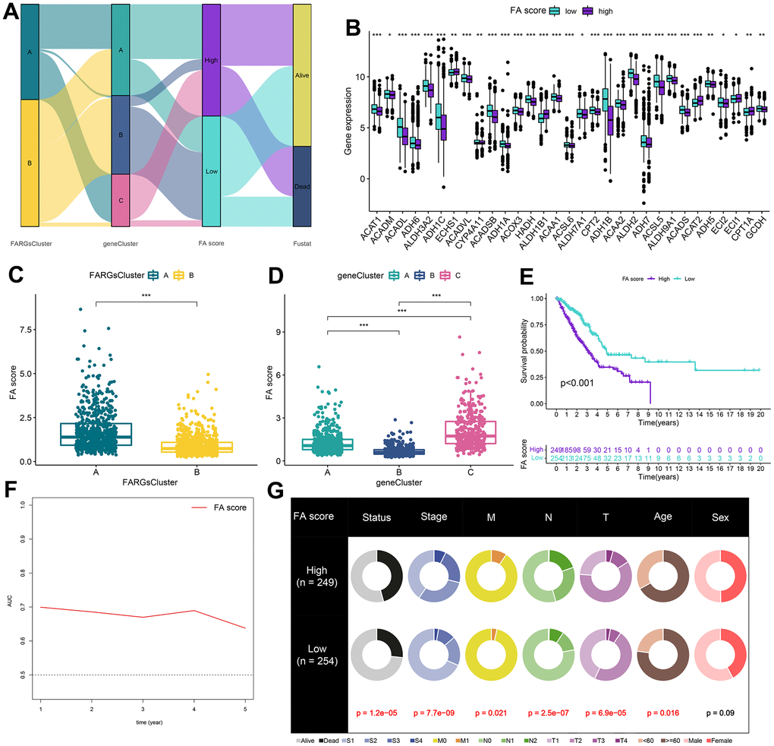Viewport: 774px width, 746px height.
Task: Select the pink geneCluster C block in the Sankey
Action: [121, 200]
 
